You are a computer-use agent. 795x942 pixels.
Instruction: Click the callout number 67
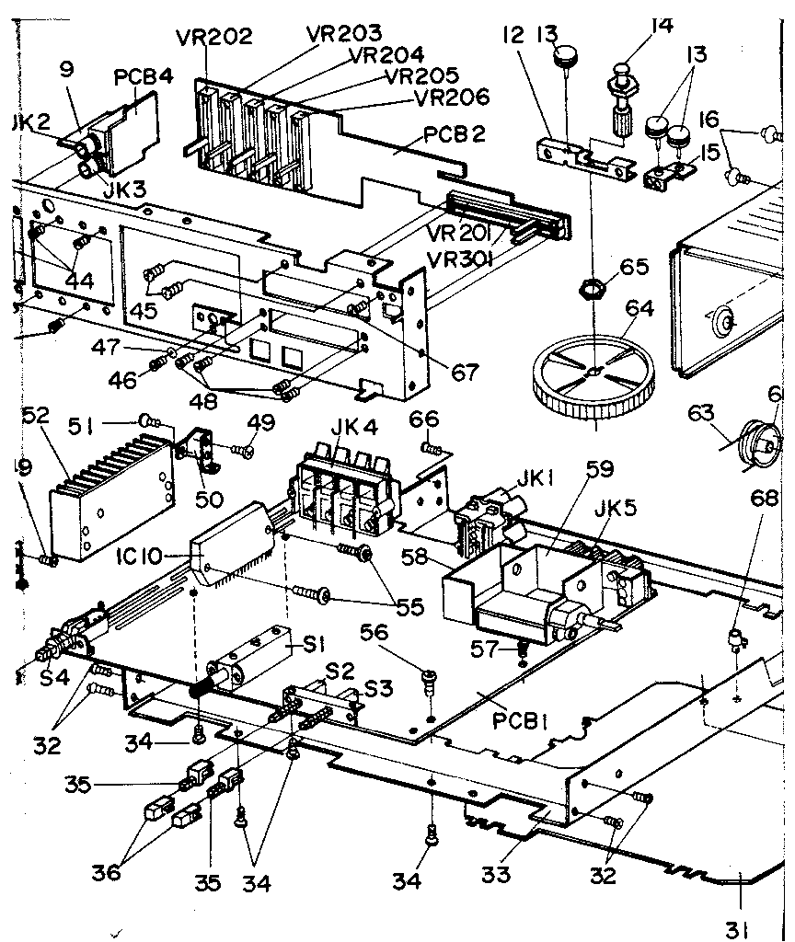466,372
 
